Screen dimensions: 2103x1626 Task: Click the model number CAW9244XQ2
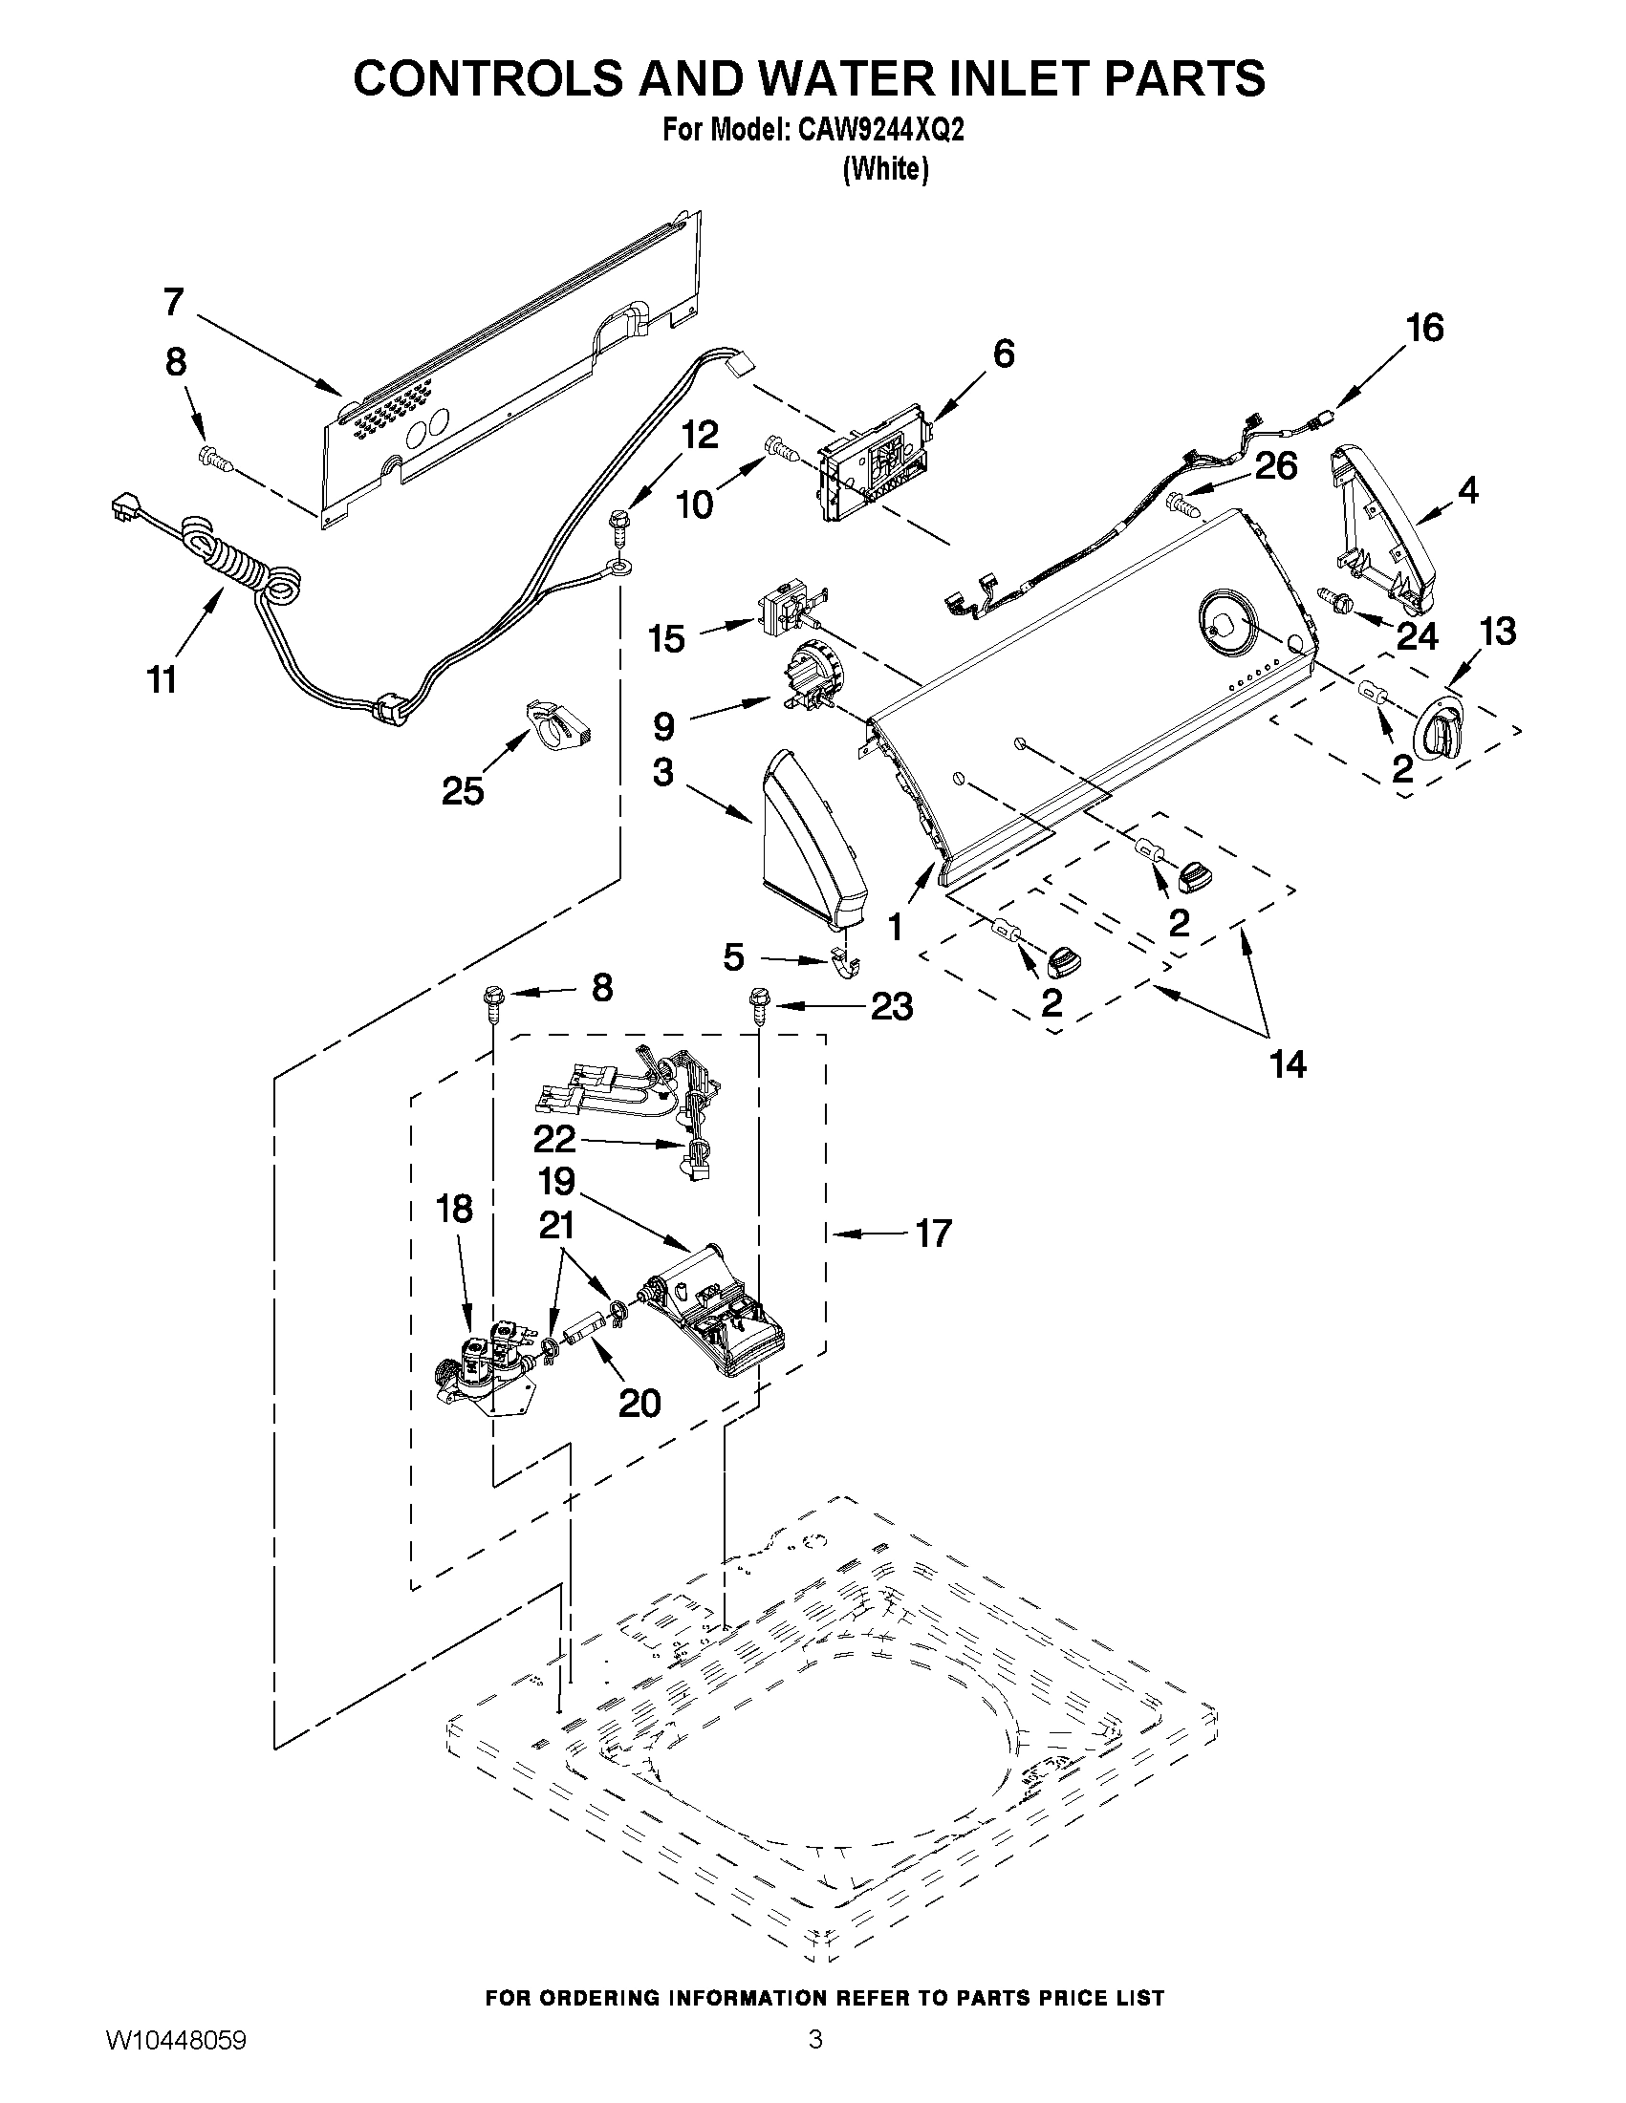pyautogui.click(x=880, y=132)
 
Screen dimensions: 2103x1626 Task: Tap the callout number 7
pyautogui.click(x=172, y=301)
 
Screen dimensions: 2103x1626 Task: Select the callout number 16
pyautogui.click(x=1424, y=329)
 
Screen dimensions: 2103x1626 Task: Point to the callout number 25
pyautogui.click(x=463, y=791)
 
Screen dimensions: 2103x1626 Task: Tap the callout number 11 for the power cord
pyautogui.click(x=162, y=679)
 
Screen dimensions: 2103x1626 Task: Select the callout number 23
pyautogui.click(x=891, y=1007)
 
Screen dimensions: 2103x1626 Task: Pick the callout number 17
pyautogui.click(x=932, y=1233)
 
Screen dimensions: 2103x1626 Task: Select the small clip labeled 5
pyautogui.click(x=844, y=963)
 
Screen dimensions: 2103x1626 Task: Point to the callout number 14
pyautogui.click(x=1287, y=1064)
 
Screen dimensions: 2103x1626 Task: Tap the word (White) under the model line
pyautogui.click(x=885, y=169)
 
